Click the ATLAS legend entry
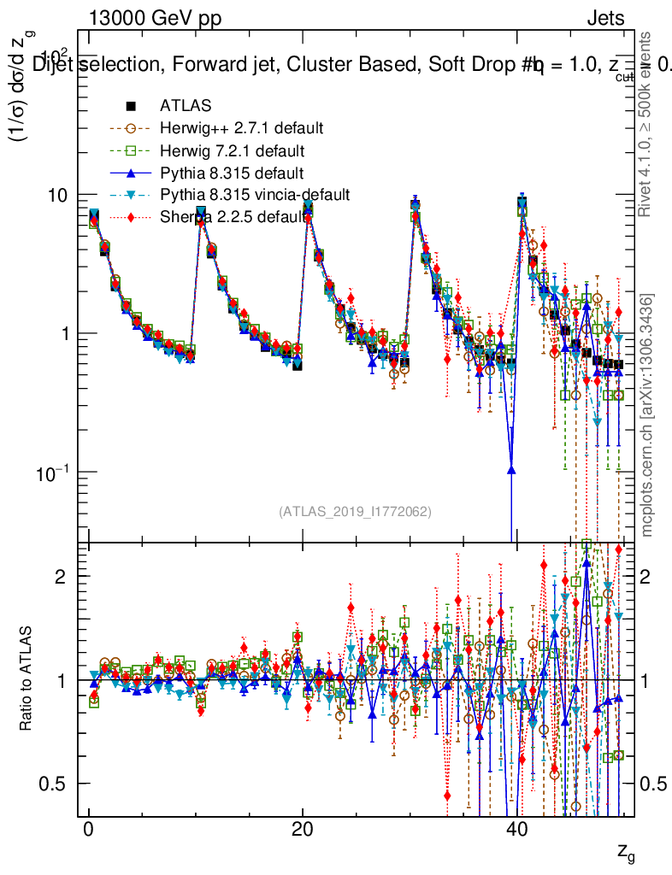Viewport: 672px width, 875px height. coord(185,106)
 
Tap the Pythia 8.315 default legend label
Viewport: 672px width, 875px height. coord(232,173)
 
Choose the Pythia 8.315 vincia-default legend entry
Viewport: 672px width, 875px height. coord(254,195)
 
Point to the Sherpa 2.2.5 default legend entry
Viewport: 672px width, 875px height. coord(231,217)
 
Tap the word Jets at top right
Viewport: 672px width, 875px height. coord(605,19)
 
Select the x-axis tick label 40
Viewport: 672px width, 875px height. coord(514,832)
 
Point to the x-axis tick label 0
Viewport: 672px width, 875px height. coord(88,832)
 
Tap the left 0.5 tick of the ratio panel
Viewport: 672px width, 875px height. coord(60,784)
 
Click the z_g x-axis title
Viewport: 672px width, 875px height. coord(626,851)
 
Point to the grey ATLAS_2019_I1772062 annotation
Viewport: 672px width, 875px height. coord(355,512)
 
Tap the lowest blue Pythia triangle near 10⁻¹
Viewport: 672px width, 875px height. coord(511,467)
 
